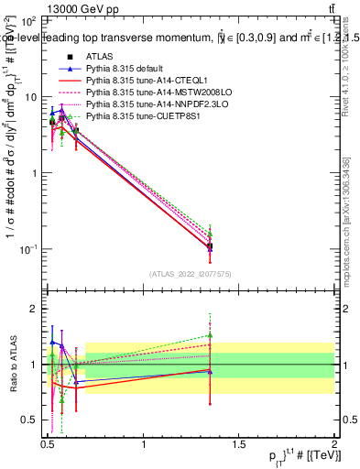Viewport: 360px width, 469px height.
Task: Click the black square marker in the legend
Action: (70, 57)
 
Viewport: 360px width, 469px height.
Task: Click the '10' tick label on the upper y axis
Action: (29, 96)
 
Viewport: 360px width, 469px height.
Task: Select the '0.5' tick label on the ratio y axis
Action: (29, 420)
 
